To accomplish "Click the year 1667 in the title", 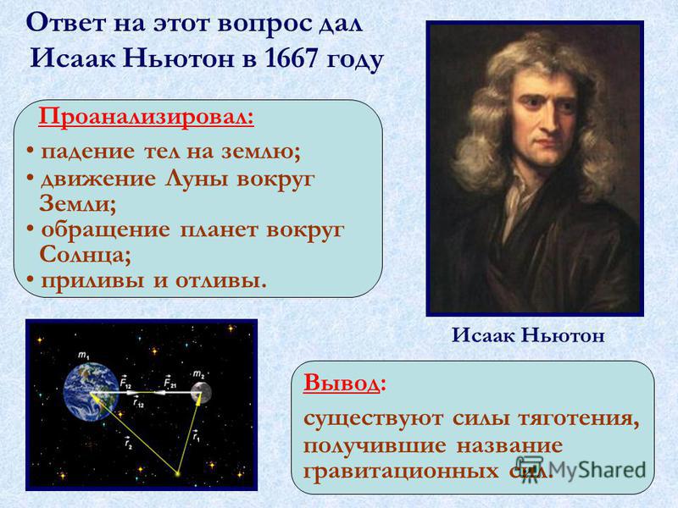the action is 291,58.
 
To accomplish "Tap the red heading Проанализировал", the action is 146,118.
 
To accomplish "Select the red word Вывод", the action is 342,384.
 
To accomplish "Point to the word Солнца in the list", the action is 82,255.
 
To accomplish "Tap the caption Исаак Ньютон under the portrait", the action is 528,335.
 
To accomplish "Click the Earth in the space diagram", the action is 92,391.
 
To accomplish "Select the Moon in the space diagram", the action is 201,393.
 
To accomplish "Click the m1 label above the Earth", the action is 83,356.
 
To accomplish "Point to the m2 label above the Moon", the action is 199,374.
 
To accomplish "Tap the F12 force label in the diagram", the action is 125,384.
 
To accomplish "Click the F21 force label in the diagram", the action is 170,382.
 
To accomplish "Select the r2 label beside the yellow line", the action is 128,443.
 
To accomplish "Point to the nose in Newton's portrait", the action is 550,120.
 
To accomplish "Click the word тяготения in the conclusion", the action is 579,419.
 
